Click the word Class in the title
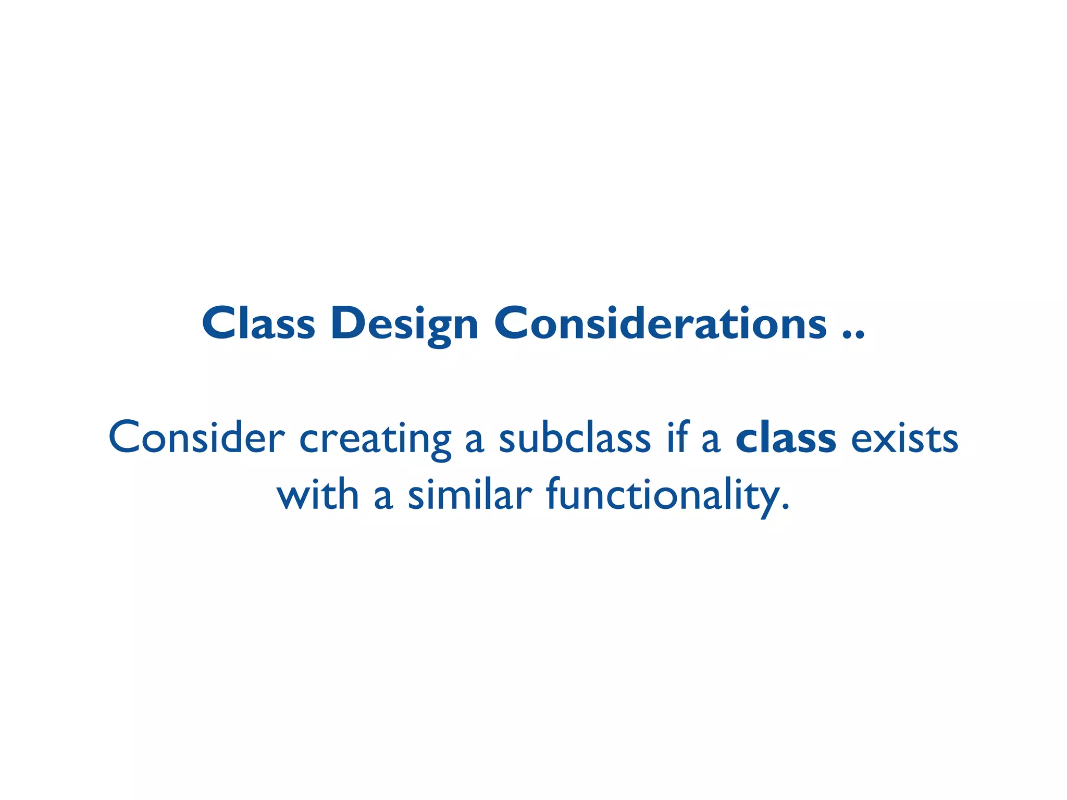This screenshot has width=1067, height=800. [258, 323]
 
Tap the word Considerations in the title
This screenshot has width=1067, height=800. [660, 323]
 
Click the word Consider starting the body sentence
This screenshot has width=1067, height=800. [196, 438]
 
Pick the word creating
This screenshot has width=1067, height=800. [375, 440]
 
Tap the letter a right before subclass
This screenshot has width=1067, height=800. [474, 442]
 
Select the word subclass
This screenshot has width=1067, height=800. [575, 438]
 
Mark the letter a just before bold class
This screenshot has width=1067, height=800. [711, 442]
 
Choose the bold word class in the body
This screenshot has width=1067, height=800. [786, 438]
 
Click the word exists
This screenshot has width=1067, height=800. [904, 438]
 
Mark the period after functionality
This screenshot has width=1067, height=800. [786, 507]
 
